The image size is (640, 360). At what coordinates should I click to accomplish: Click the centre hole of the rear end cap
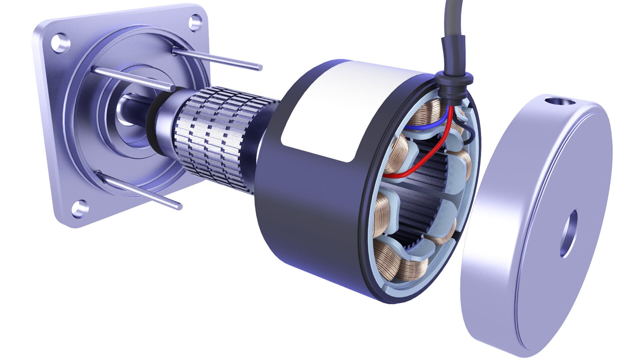(569, 233)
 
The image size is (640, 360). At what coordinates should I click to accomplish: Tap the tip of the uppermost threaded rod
(259, 68)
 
